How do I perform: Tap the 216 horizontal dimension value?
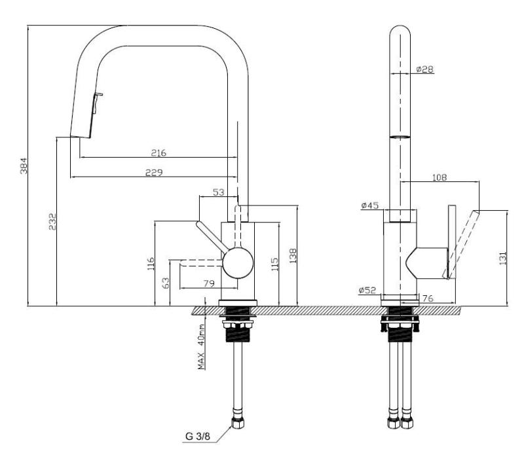coord(158,152)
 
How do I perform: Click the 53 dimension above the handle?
coord(220,192)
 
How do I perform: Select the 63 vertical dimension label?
coord(165,282)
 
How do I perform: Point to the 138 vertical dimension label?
coord(292,255)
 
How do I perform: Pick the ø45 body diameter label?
coord(370,206)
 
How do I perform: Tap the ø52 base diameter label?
coord(367,291)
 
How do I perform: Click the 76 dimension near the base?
coord(426,298)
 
